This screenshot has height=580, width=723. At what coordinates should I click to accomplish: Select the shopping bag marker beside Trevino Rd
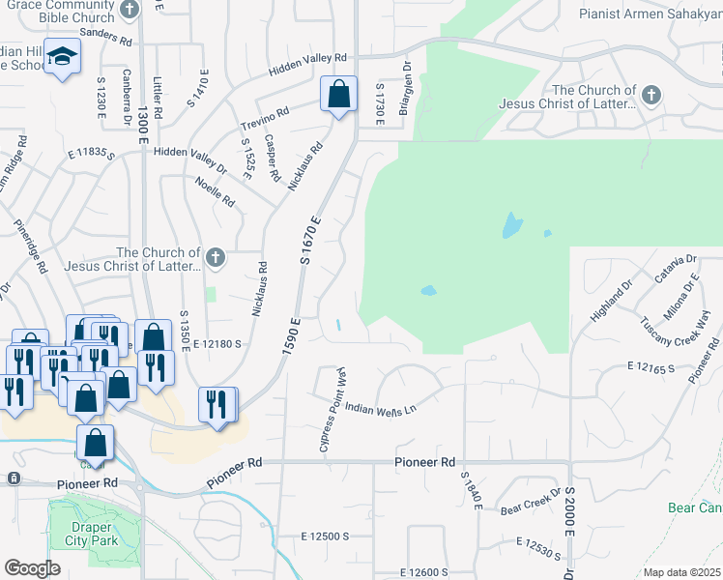338,96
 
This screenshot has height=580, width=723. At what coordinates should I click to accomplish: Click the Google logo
32,568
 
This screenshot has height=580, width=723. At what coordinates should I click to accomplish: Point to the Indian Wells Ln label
380,409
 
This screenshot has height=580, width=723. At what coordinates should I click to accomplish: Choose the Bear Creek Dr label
529,507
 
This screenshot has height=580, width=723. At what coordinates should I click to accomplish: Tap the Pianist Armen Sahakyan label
650,14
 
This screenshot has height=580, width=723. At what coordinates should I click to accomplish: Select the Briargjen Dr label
406,91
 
